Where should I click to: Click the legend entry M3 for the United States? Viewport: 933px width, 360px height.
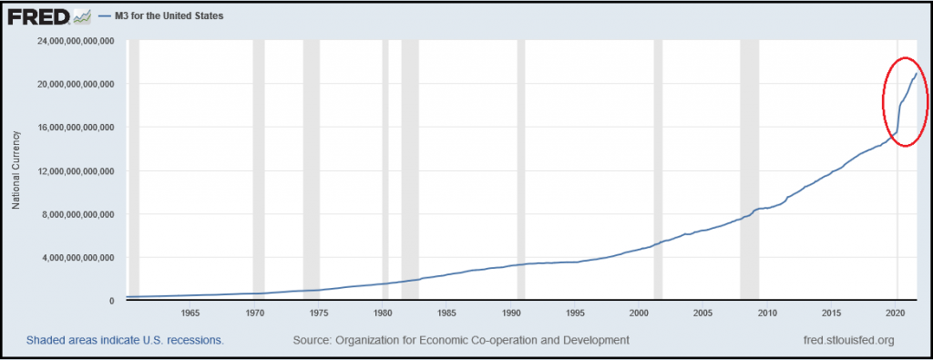[160, 16]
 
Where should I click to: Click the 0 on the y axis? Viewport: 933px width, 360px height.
[111, 301]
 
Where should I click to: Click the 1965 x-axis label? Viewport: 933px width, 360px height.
[190, 313]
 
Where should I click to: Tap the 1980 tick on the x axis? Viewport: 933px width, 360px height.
[382, 313]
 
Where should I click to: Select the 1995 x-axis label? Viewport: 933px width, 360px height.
[574, 313]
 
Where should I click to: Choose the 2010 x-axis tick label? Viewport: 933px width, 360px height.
[767, 313]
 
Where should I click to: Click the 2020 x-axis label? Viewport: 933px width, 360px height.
[896, 313]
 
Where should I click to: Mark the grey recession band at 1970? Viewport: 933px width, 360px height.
[258, 170]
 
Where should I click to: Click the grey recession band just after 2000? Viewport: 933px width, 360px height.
[658, 170]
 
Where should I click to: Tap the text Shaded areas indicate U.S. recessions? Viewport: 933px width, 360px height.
[124, 340]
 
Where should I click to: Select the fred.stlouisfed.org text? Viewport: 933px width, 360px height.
[848, 340]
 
